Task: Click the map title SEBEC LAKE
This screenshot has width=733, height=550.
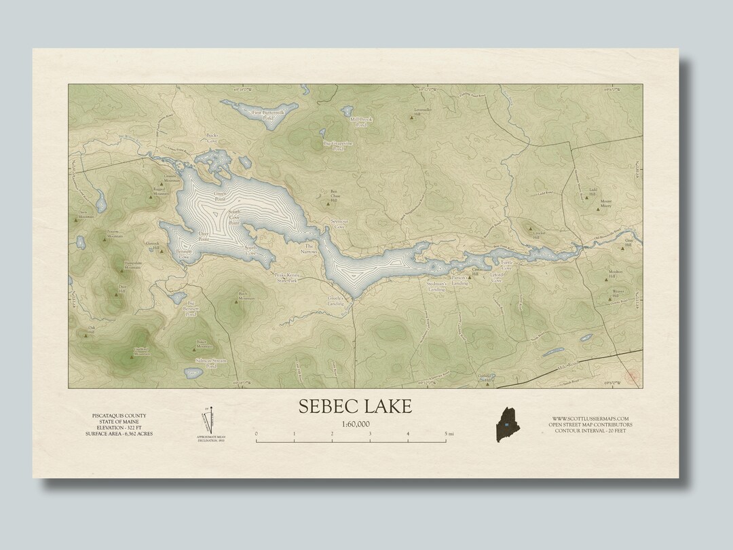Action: (355, 406)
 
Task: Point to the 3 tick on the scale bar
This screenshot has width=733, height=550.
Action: (370, 433)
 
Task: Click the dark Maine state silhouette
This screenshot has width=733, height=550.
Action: (506, 424)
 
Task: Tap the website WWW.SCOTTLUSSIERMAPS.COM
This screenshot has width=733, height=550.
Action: (590, 418)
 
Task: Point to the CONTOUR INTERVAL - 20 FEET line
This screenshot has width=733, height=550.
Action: (590, 431)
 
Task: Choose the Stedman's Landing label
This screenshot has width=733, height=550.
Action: (437, 287)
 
